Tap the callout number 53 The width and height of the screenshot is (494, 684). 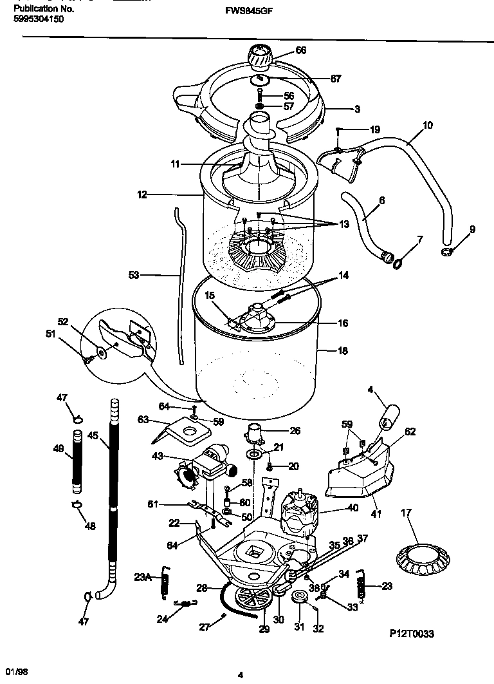[x=134, y=275]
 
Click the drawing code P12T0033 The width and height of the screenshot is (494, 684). [x=411, y=634]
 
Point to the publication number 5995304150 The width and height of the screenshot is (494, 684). [x=39, y=19]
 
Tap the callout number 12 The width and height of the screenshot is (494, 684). [x=142, y=193]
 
